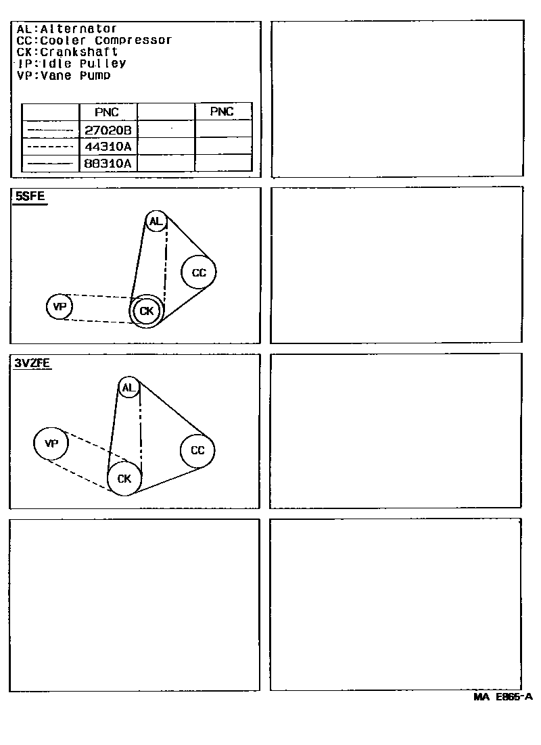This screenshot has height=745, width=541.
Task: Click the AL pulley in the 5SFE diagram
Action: (x=156, y=221)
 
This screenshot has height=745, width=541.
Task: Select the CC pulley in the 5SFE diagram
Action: (x=198, y=272)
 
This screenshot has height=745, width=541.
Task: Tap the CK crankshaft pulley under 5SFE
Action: (x=146, y=312)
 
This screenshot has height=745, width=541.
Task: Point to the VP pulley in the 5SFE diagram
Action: (x=60, y=307)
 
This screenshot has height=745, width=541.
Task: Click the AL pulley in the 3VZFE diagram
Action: (x=128, y=387)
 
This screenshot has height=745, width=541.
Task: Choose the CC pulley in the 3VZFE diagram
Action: (x=197, y=450)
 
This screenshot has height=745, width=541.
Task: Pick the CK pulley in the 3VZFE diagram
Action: (x=124, y=479)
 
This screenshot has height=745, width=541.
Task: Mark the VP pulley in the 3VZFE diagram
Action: (x=51, y=443)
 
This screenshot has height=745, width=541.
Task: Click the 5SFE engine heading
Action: (x=29, y=197)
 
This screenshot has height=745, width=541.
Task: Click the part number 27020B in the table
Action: (x=108, y=130)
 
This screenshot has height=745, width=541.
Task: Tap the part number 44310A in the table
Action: (x=108, y=146)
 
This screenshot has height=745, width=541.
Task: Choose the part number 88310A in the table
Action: (x=108, y=163)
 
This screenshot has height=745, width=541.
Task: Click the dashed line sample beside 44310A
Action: (x=51, y=147)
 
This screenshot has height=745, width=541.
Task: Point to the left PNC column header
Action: (x=108, y=112)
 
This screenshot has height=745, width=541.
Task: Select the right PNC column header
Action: (x=222, y=112)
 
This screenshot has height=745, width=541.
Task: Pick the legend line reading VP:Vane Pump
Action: (x=64, y=75)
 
